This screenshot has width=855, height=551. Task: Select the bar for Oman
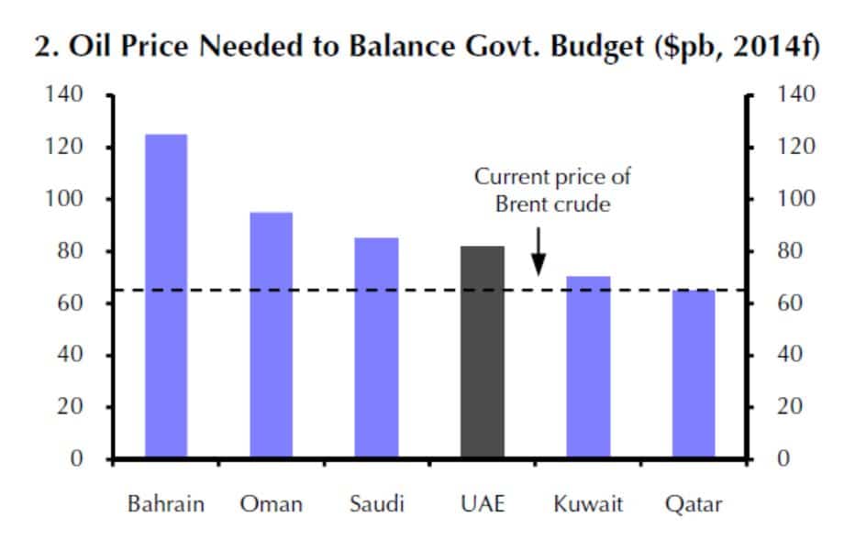[x=272, y=335]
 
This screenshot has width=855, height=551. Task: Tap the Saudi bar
[x=377, y=347]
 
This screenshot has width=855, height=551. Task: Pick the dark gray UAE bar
[x=483, y=352]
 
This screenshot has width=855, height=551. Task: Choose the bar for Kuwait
[x=588, y=367]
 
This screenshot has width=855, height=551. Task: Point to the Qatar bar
[x=694, y=374]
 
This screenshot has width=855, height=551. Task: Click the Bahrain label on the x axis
[x=166, y=504]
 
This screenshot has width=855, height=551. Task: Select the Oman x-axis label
[x=272, y=504]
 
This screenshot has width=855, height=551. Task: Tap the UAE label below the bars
[x=483, y=504]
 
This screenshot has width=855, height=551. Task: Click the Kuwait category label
[x=588, y=504]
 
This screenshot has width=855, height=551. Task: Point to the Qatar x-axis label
[x=694, y=504]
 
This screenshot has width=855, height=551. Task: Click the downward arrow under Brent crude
[x=539, y=251]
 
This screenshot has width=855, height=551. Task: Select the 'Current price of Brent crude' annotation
[x=552, y=191]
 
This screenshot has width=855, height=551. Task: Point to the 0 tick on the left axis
[x=79, y=458]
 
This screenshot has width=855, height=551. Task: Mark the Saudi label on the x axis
[x=377, y=504]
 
